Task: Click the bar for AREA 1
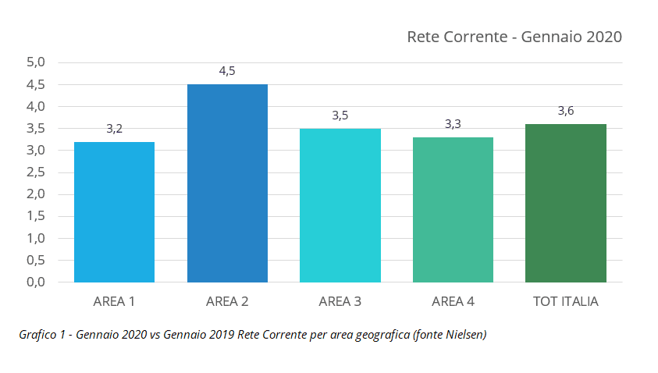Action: pos(114,211)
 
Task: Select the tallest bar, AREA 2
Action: pos(227,183)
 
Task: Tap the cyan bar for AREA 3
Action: pos(340,205)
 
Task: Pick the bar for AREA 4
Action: pos(453,209)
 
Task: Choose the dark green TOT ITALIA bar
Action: pos(565,203)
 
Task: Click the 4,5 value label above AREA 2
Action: pos(227,71)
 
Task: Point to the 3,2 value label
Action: pos(114,129)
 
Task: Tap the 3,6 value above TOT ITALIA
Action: pos(565,111)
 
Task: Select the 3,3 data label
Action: pos(453,124)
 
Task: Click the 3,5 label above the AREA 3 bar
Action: pos(340,115)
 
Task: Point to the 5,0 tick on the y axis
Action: pos(37,62)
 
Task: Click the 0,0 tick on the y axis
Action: pos(37,282)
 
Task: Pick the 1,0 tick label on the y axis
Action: pos(37,238)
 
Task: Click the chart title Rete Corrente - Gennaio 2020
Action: pos(514,37)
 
